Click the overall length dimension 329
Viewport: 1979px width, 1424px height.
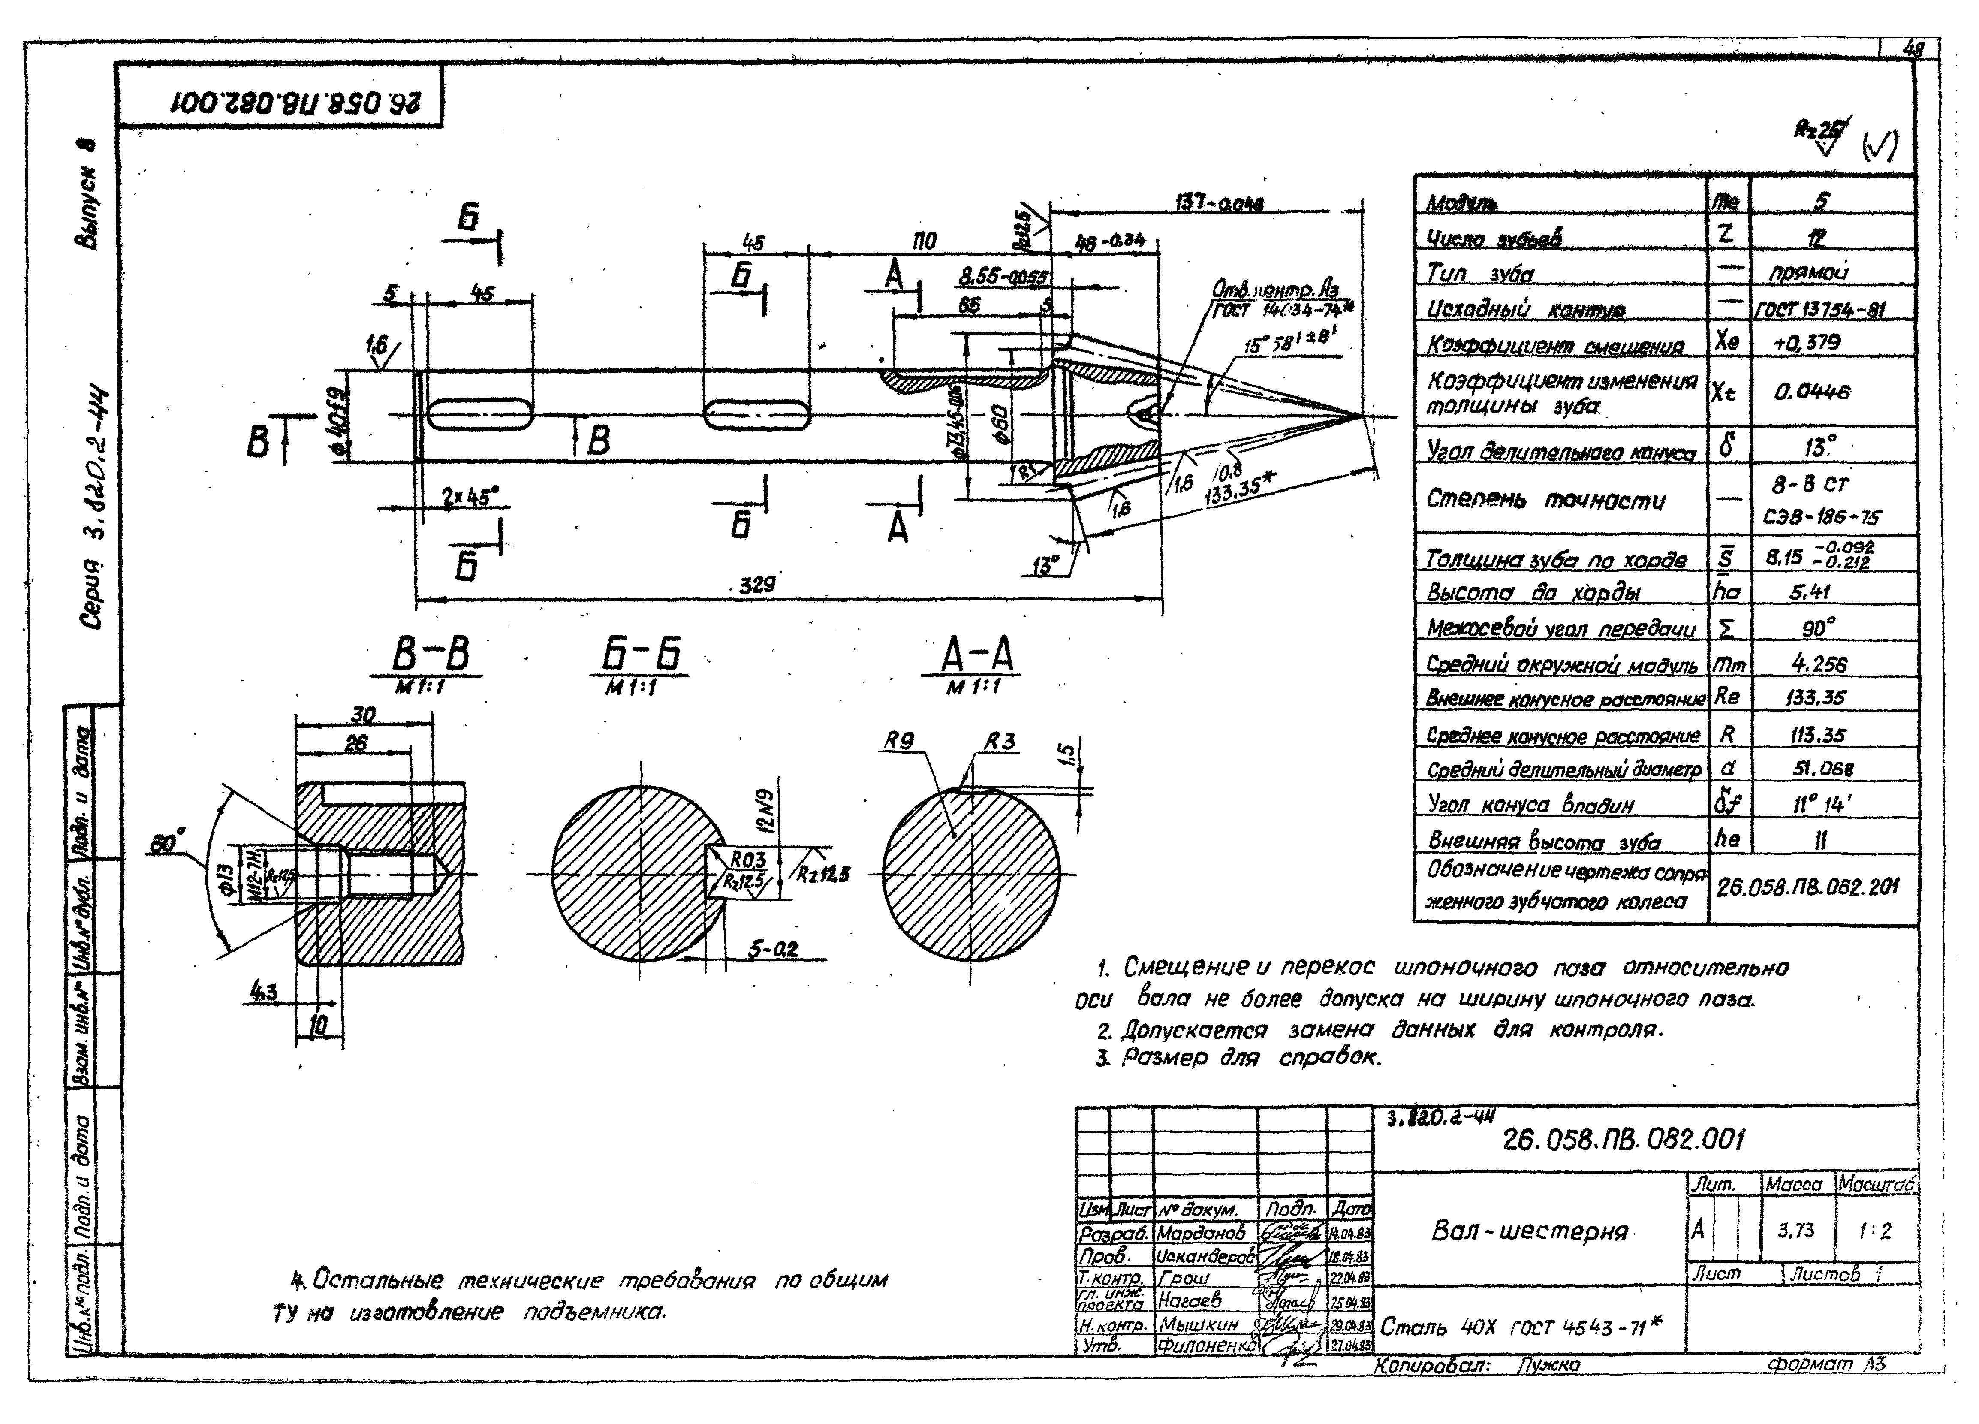tap(756, 585)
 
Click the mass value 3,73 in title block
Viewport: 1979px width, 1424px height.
tap(1796, 1230)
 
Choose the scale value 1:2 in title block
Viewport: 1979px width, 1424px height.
tap(1874, 1230)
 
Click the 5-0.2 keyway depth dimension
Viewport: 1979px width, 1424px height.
tap(773, 948)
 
